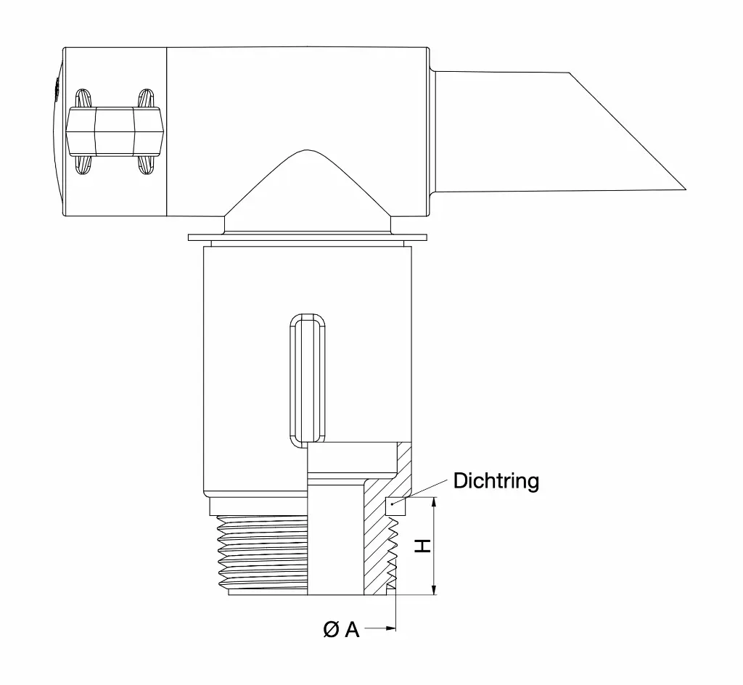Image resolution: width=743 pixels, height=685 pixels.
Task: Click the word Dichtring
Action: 496,481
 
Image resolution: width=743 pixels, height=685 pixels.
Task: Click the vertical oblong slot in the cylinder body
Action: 307,380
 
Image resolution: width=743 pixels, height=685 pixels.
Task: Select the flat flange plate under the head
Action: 307,237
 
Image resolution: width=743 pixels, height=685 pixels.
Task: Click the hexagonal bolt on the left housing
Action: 114,131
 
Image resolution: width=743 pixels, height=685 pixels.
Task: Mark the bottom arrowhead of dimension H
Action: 434,591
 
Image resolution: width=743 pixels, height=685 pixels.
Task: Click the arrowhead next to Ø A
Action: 393,627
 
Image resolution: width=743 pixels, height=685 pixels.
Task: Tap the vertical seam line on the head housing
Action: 168,131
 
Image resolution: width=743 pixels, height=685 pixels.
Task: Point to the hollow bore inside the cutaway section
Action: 335,537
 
